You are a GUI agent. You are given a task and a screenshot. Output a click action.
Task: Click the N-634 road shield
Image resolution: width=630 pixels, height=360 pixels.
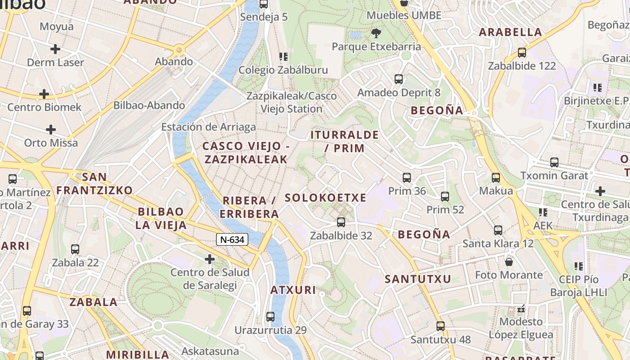[x=232, y=239]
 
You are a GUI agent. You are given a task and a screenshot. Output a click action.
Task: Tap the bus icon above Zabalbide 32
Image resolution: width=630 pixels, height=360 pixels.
[x=341, y=222]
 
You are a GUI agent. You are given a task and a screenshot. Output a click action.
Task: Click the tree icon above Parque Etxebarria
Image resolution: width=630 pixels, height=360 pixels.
[x=376, y=33]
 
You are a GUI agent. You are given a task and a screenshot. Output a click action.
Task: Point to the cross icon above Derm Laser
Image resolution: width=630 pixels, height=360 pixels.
[x=55, y=49]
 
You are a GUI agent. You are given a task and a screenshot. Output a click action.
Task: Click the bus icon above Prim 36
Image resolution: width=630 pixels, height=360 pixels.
[x=407, y=178]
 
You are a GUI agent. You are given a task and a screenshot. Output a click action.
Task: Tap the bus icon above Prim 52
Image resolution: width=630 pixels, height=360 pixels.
[x=445, y=196]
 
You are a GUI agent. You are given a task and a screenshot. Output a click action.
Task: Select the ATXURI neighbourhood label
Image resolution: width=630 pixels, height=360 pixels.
[x=293, y=290]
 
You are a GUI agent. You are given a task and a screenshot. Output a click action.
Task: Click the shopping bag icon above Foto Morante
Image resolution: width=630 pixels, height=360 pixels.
[x=509, y=261]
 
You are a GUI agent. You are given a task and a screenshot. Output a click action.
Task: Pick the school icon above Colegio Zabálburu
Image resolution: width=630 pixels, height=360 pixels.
[x=283, y=57]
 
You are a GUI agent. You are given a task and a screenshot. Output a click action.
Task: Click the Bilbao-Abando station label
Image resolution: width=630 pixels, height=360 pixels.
[x=149, y=105]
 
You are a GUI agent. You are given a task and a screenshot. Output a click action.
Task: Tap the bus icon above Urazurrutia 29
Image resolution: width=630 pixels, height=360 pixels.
[x=270, y=316]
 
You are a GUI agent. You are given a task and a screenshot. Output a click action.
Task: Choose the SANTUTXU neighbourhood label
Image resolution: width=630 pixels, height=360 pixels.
[x=418, y=279]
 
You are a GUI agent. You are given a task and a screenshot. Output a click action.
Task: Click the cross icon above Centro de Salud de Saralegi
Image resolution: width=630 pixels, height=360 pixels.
[x=209, y=259]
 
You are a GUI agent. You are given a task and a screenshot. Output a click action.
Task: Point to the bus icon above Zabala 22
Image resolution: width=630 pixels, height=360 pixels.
[x=75, y=249]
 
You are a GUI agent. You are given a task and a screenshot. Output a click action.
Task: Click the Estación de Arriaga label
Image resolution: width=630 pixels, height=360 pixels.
[x=208, y=127]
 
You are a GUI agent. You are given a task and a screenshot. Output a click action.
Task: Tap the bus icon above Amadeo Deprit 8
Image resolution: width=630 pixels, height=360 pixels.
[x=399, y=79]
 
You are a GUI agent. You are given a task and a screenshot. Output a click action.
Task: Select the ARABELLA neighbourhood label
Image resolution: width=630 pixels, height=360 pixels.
[x=510, y=32]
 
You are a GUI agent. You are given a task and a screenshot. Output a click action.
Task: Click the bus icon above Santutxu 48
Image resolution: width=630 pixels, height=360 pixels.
[x=441, y=326]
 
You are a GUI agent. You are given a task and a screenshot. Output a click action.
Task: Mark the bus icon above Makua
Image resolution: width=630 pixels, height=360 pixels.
[x=496, y=178]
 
